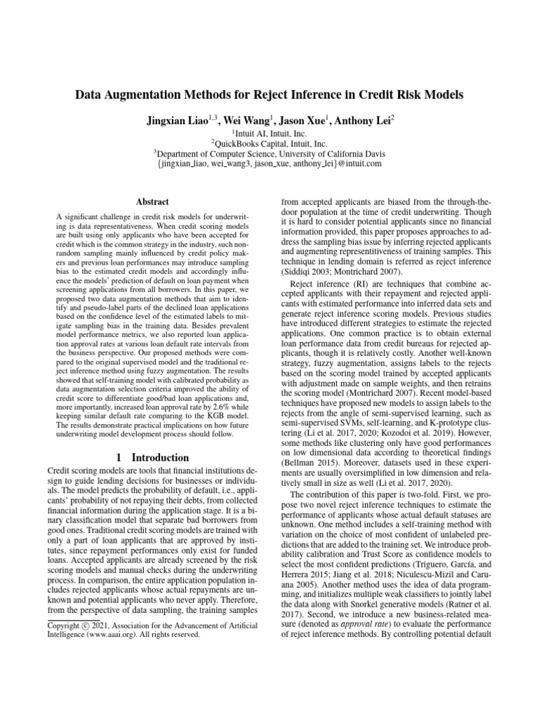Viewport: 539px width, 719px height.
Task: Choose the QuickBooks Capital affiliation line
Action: point(269,143)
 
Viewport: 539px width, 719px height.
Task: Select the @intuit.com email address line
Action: point(269,164)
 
